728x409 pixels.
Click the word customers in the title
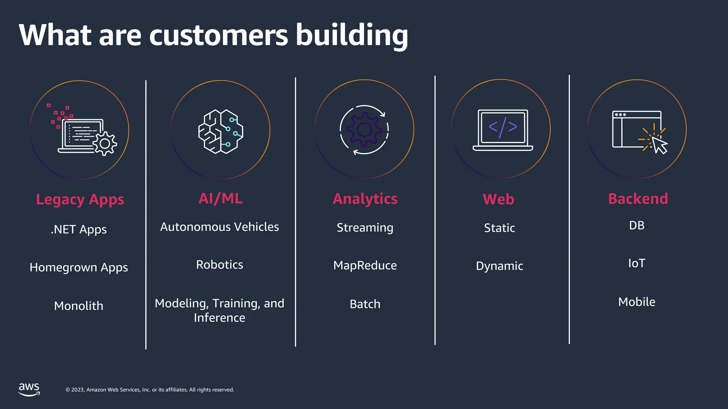218,35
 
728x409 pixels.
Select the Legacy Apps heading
80,200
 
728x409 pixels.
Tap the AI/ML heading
220,198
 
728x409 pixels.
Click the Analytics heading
365,199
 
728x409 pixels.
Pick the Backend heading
638,199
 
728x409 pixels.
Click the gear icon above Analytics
364,130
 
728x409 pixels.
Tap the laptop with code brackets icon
502,130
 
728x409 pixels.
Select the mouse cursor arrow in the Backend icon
659,145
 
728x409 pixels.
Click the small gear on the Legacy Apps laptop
105,143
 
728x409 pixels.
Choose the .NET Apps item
79,230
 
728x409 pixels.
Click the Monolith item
79,306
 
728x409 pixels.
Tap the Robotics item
219,265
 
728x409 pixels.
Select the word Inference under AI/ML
219,318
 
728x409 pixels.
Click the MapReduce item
365,266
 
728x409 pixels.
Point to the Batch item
365,304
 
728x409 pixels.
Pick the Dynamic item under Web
499,266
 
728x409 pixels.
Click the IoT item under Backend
636,263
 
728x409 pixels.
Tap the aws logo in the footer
29,389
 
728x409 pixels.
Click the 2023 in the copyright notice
78,390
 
